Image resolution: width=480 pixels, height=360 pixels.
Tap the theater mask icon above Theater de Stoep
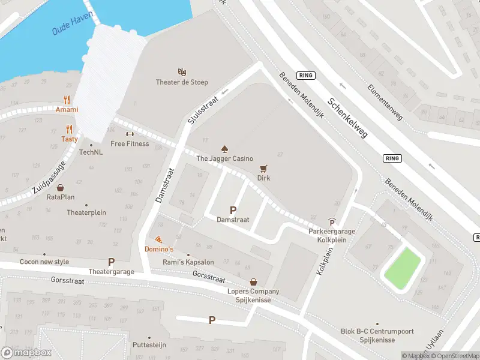point(182,72)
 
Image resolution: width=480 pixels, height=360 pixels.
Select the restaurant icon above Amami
point(67,100)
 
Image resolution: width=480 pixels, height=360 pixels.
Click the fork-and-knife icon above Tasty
point(70,129)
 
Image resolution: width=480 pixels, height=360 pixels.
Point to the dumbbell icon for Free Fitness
point(130,134)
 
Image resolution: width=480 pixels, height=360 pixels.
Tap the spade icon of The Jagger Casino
point(225,148)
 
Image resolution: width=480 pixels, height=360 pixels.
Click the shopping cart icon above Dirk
point(263,169)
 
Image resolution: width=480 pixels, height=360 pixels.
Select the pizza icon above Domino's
point(158,239)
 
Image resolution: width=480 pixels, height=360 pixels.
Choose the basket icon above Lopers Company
point(253,281)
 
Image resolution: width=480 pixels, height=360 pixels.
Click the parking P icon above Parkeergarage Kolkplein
point(332,222)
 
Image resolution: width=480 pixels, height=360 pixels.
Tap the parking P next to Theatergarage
point(110,262)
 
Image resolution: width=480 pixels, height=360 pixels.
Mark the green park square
point(402,268)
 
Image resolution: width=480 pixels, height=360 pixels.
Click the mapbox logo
point(26,353)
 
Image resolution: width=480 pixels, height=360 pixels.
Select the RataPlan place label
point(61,197)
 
